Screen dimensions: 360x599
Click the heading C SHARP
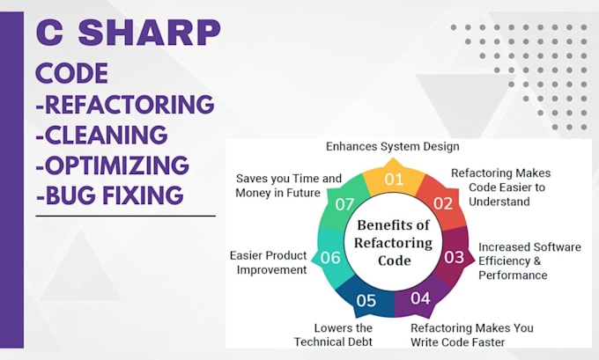pos(129,33)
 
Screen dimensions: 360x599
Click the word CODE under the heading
pos(71,73)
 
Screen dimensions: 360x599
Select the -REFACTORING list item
pos(124,105)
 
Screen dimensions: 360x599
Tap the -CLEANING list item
pos(101,135)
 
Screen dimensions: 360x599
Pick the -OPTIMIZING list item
pos(112,165)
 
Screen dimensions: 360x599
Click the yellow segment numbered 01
pos(392,181)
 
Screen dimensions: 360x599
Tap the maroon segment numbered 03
pos(454,257)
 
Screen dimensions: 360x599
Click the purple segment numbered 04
pos(420,298)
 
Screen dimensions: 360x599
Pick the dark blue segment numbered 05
pos(366,299)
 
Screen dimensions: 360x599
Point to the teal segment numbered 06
pos(329,258)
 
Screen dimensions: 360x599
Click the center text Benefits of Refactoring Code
pos(393,243)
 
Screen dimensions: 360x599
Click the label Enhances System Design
pos(392,146)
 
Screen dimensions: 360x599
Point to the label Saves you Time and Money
pos(288,185)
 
